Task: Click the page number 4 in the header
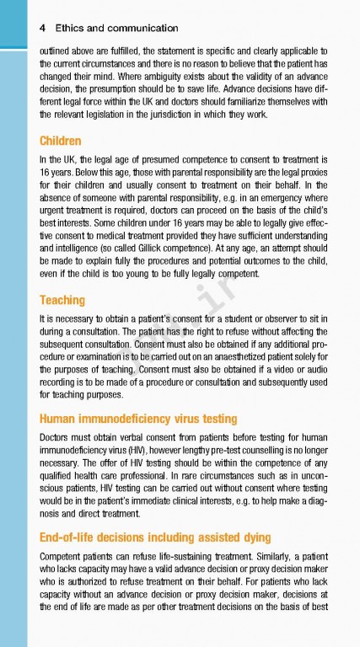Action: (x=42, y=28)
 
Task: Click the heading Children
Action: (x=61, y=141)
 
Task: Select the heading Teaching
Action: (x=63, y=299)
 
